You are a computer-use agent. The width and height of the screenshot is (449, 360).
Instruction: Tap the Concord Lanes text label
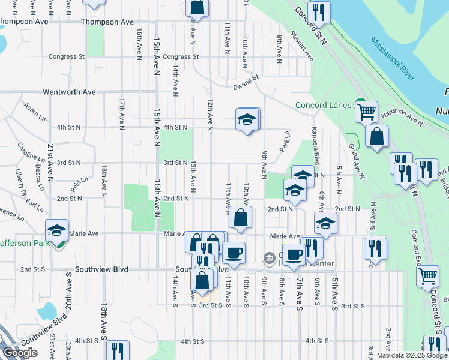click(x=323, y=106)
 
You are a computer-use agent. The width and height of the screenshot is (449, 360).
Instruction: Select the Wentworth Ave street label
click(x=69, y=92)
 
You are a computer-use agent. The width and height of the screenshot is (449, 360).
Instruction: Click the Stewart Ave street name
click(x=302, y=46)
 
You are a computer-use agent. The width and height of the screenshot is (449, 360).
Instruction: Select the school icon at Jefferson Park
click(x=56, y=229)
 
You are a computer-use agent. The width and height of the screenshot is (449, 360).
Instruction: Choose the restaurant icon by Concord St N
click(x=318, y=12)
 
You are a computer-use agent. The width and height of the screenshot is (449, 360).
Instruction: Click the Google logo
click(x=19, y=353)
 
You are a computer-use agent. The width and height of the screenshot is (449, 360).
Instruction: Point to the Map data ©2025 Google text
click(x=411, y=355)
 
